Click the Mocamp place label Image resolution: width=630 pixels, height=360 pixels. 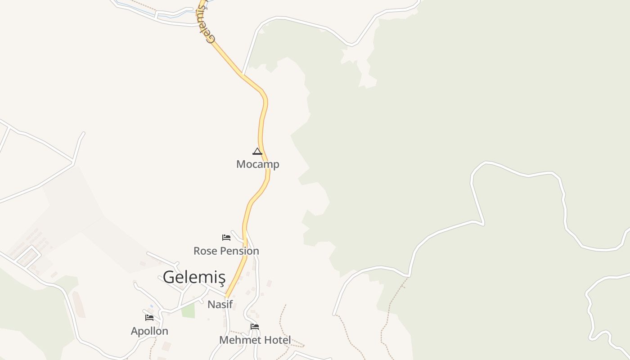point(257,164)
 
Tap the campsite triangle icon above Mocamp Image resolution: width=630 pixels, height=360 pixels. point(257,151)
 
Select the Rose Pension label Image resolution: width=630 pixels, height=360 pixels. point(226,251)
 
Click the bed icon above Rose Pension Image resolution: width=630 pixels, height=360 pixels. point(226,237)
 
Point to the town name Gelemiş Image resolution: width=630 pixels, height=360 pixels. point(193,277)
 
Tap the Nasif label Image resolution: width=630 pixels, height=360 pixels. point(220,304)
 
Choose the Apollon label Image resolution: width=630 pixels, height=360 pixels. point(149,331)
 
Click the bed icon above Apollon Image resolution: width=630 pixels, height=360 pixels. point(149,318)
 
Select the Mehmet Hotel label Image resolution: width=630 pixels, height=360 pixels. point(255,340)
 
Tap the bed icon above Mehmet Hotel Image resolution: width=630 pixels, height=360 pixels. point(255,326)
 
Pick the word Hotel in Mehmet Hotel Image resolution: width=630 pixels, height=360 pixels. point(278,340)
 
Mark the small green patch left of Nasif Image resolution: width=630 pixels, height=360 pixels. point(189,310)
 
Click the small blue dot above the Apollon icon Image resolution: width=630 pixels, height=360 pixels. point(152,306)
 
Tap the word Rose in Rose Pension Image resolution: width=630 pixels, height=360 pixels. point(205,251)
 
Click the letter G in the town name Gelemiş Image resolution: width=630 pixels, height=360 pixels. point(169,277)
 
